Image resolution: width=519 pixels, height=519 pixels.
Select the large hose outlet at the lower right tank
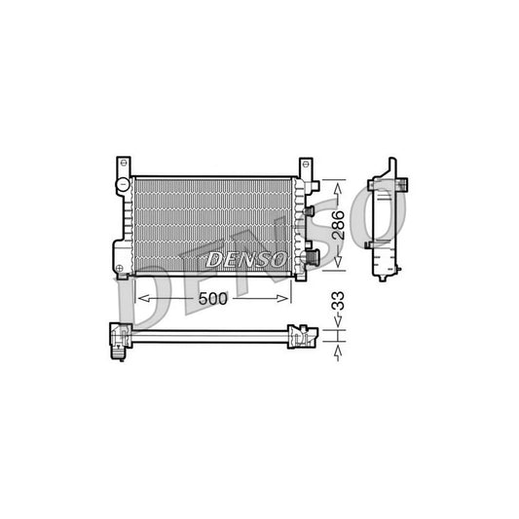(312, 257)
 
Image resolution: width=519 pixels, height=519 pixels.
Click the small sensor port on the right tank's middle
(308, 210)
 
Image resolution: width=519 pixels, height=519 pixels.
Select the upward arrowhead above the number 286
(338, 185)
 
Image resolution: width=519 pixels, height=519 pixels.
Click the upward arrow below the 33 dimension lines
(338, 356)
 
